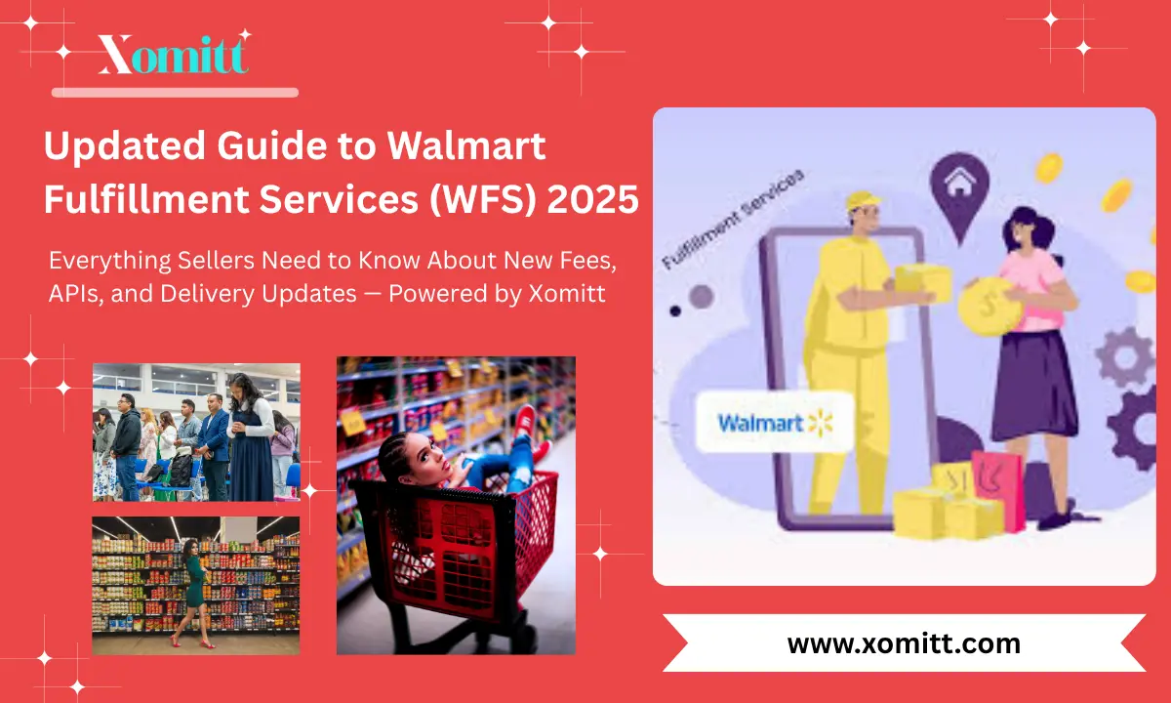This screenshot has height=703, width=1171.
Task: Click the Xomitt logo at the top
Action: point(173,55)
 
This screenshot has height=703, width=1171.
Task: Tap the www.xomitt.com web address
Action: point(904,643)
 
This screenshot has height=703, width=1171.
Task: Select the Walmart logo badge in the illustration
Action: point(776,423)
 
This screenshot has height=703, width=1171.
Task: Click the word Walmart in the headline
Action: point(466,146)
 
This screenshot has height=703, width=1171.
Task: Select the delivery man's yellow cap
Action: point(863,202)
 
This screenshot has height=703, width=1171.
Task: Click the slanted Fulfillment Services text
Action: point(732,220)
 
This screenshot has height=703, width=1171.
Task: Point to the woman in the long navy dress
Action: point(249,439)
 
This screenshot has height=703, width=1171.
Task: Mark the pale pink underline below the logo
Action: point(175,93)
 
